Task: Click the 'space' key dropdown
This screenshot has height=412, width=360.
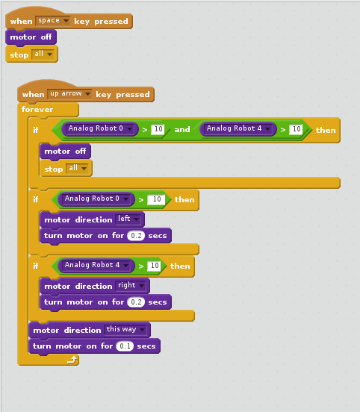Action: pyautogui.click(x=53, y=21)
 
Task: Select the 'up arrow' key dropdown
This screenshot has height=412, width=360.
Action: pyautogui.click(x=69, y=94)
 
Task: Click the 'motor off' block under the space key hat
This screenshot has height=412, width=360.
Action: pyautogui.click(x=31, y=37)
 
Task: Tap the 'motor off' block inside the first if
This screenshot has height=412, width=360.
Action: pyautogui.click(x=65, y=152)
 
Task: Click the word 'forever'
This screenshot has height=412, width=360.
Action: pyautogui.click(x=37, y=109)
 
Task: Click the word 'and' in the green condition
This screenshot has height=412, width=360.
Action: pyautogui.click(x=182, y=129)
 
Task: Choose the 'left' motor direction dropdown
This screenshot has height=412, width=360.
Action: pyautogui.click(x=128, y=219)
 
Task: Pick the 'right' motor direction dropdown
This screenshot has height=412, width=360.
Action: pyautogui.click(x=131, y=285)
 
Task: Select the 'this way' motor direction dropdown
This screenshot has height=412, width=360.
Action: pyautogui.click(x=126, y=329)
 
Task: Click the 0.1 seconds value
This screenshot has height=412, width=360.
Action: pyautogui.click(x=125, y=346)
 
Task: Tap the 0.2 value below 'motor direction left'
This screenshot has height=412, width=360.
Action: pyautogui.click(x=136, y=236)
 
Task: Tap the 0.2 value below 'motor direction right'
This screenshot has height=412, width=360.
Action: pyautogui.click(x=136, y=302)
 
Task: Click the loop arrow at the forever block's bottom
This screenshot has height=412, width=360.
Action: pyautogui.click(x=72, y=359)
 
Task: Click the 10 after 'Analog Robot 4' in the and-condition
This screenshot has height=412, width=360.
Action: pyautogui.click(x=296, y=129)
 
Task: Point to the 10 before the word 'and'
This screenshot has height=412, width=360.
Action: pyautogui.click(x=158, y=129)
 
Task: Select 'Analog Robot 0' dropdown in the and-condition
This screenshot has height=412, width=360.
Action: pyautogui.click(x=100, y=128)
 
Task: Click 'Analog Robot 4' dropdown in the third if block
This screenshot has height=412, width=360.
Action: pyautogui.click(x=96, y=266)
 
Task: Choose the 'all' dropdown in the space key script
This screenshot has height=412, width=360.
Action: pyautogui.click(x=43, y=54)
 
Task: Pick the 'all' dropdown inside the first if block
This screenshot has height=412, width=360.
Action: pyautogui.click(x=77, y=168)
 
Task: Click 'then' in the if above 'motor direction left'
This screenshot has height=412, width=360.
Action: pyautogui.click(x=184, y=200)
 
